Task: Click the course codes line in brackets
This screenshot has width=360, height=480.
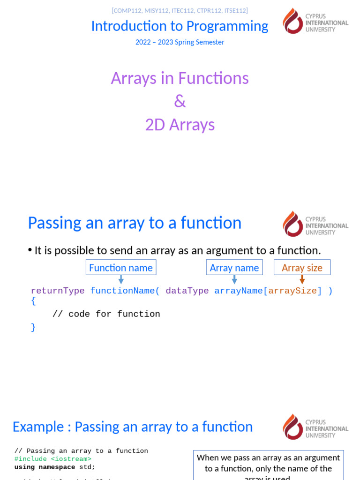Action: (x=180, y=10)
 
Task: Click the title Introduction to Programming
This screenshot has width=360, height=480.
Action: (x=180, y=26)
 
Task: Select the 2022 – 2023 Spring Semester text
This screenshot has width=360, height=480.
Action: (x=180, y=42)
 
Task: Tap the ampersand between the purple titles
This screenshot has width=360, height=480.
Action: (x=180, y=101)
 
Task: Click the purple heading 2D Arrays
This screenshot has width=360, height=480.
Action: (x=180, y=125)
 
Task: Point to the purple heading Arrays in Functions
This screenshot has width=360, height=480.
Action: (x=180, y=78)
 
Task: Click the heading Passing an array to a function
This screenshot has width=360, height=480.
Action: (x=135, y=223)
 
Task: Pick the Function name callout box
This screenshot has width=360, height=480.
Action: (x=121, y=268)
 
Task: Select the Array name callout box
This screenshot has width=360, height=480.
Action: (x=234, y=268)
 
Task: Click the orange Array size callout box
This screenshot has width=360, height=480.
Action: (x=302, y=268)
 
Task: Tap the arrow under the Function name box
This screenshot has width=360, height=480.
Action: (x=121, y=279)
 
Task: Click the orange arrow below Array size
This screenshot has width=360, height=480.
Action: (x=302, y=279)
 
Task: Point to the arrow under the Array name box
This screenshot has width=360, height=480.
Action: (x=234, y=279)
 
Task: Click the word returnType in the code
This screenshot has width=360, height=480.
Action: (x=58, y=291)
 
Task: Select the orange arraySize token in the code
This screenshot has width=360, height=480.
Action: (x=292, y=291)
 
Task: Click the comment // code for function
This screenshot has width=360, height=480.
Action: (x=106, y=314)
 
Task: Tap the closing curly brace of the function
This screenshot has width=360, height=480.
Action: (x=33, y=327)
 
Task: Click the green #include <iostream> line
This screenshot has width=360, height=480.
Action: (x=53, y=459)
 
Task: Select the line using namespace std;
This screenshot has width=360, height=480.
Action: (x=55, y=467)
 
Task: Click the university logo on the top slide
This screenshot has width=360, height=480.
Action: (x=315, y=21)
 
